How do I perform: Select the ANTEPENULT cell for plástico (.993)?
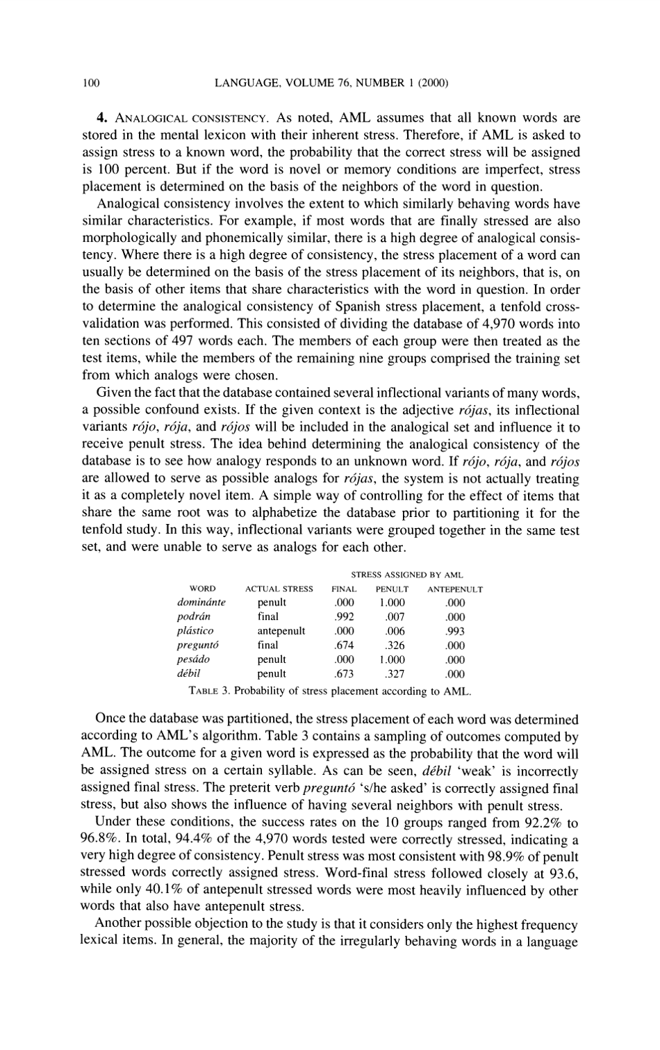456,631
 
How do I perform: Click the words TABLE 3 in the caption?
209,691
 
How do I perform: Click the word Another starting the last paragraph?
119,924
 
